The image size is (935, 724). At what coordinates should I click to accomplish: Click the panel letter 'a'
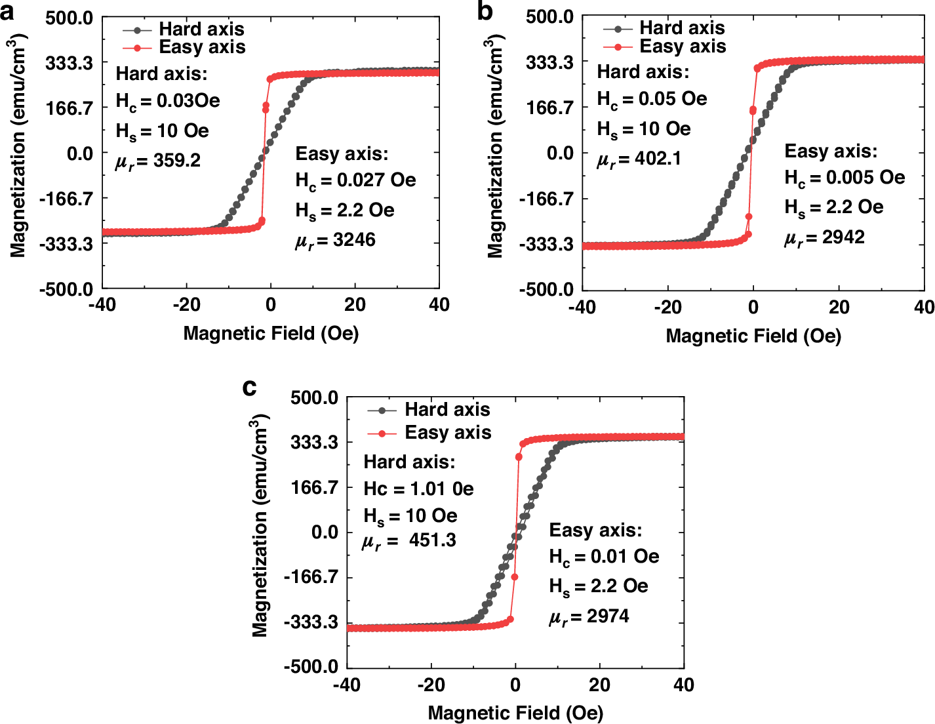pyautogui.click(x=8, y=12)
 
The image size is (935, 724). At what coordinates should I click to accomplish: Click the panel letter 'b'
pyautogui.click(x=485, y=11)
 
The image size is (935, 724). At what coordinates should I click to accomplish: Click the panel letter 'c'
pyautogui.click(x=249, y=388)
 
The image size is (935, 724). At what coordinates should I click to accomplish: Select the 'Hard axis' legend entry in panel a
pyautogui.click(x=201, y=30)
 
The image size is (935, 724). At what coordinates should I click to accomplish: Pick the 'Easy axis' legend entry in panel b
pyautogui.click(x=682, y=47)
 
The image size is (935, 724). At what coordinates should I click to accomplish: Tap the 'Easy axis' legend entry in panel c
pyautogui.click(x=447, y=433)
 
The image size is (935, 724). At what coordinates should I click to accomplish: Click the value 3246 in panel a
pyautogui.click(x=354, y=240)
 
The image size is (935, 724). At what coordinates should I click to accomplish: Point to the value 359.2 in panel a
pyautogui.click(x=176, y=161)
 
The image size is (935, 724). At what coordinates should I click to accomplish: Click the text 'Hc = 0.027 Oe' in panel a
pyautogui.click(x=355, y=180)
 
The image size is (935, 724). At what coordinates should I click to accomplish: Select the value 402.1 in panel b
pyautogui.click(x=658, y=159)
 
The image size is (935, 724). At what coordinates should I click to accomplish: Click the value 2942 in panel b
pyautogui.click(x=843, y=237)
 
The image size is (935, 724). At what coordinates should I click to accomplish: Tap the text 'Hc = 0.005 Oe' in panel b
pyautogui.click(x=845, y=178)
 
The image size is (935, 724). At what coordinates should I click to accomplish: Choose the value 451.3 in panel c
pyautogui.click(x=432, y=540)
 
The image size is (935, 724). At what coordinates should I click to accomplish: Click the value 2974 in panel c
pyautogui.click(x=608, y=616)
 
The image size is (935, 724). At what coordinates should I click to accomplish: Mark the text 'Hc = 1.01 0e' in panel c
pyautogui.click(x=418, y=489)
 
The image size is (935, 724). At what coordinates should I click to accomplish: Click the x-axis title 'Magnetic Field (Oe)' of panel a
pyautogui.click(x=271, y=333)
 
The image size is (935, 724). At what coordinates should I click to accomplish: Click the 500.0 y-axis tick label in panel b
pyautogui.click(x=549, y=16)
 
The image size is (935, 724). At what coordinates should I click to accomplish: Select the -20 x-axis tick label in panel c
pyautogui.click(x=431, y=685)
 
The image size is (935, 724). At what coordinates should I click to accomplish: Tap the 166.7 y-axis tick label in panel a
pyautogui.click(x=69, y=108)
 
